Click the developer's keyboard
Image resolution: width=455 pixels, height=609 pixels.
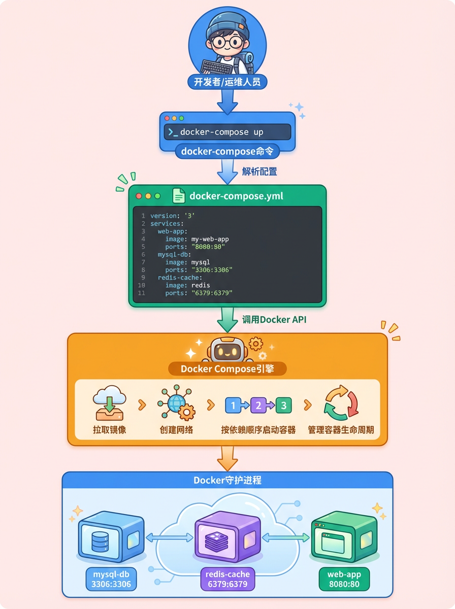[x=217, y=66]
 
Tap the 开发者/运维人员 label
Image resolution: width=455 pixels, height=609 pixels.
[x=227, y=81]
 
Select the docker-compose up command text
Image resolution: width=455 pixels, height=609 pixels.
[x=222, y=132]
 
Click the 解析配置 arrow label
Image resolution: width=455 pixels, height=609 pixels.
[x=259, y=172]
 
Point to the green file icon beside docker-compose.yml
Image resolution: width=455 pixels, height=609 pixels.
[x=179, y=196]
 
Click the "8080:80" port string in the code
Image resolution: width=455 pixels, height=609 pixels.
[x=208, y=247]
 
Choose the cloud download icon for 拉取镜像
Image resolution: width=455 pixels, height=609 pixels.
[x=109, y=403]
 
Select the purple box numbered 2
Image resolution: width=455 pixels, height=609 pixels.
[x=258, y=405]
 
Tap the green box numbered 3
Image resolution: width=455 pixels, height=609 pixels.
[x=283, y=405]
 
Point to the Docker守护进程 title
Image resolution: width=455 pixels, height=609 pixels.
[x=227, y=480]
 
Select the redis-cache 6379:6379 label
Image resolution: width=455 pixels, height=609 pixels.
[x=227, y=579]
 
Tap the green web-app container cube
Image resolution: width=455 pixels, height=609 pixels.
[x=343, y=535]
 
